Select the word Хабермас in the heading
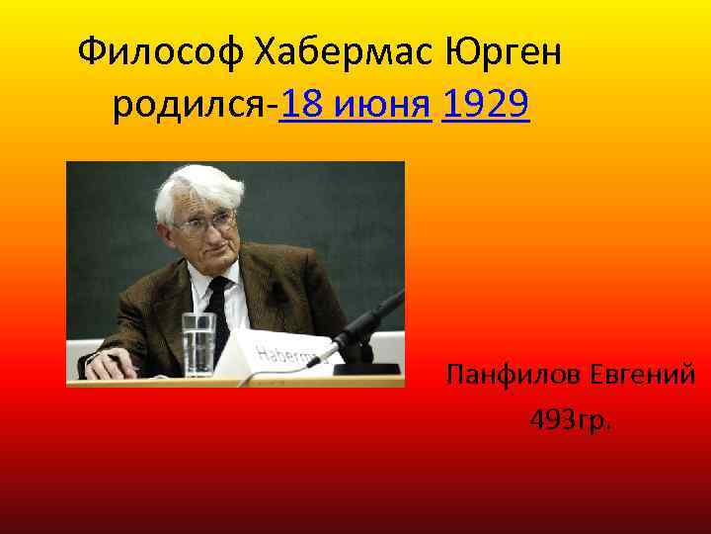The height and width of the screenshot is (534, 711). click(x=341, y=50)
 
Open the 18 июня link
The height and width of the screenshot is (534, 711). click(x=356, y=104)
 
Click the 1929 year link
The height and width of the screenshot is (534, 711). click(x=487, y=104)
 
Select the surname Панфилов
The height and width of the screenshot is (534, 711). click(x=513, y=376)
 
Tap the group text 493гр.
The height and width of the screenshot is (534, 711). click(x=571, y=421)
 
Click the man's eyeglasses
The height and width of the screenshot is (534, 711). click(x=206, y=223)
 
